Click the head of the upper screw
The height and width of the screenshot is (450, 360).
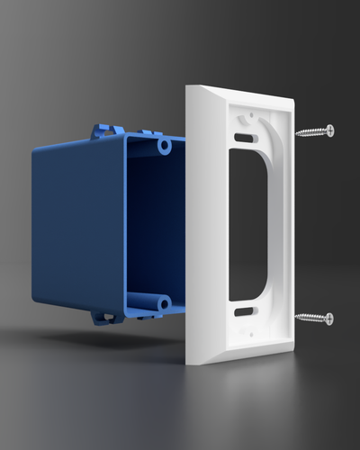329,130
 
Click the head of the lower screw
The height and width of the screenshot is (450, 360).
329,319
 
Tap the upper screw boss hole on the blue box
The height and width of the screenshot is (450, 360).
165,143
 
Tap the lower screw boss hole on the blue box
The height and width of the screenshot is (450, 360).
163,304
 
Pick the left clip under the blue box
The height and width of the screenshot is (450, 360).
101,318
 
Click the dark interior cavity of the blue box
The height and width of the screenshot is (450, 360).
153,225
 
